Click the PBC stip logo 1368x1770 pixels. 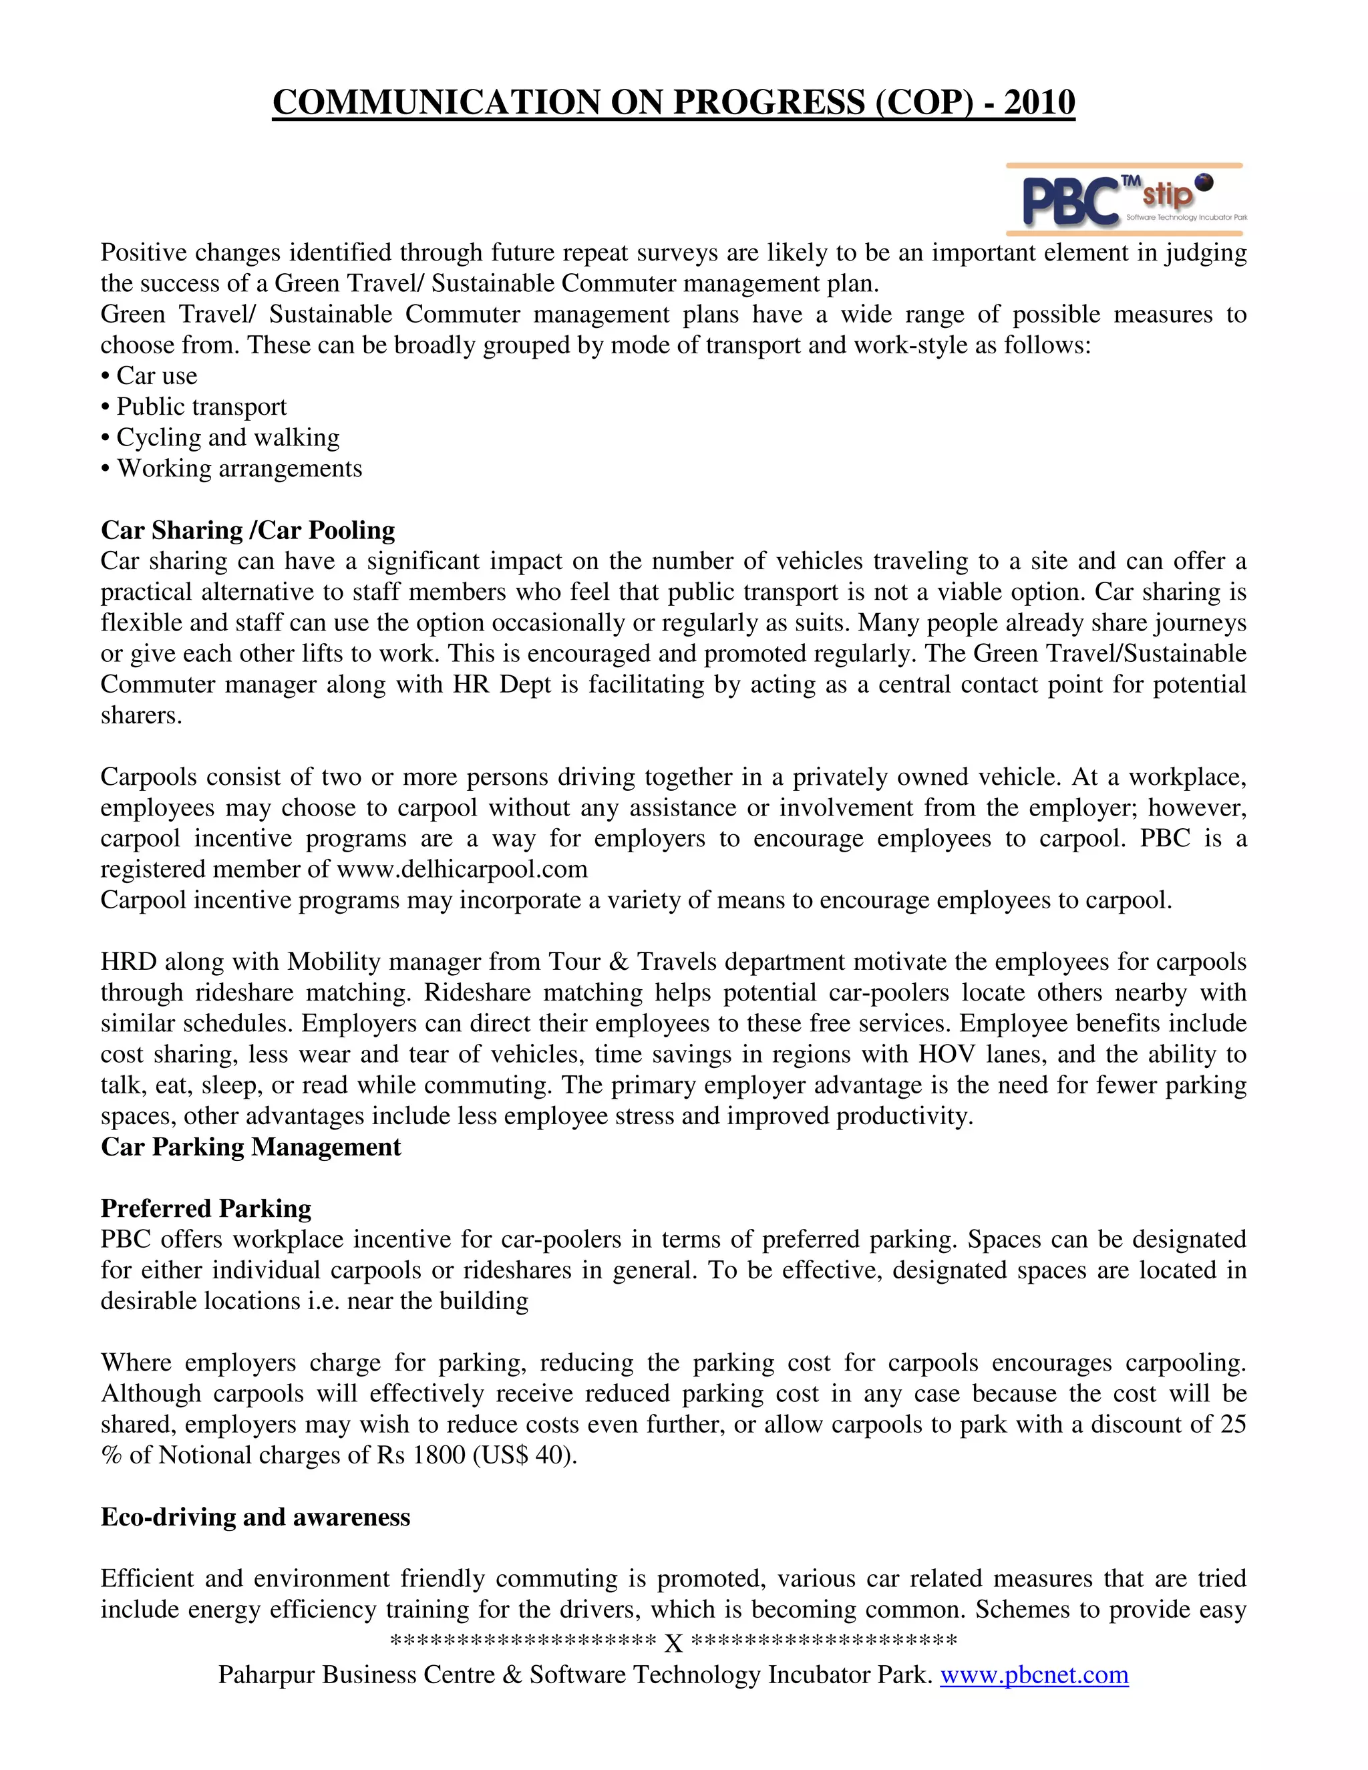[1124, 199]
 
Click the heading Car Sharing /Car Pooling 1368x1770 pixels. [247, 530]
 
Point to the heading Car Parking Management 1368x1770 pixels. [250, 1147]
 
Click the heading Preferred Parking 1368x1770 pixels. [206, 1208]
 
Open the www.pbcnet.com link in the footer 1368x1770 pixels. [1033, 1674]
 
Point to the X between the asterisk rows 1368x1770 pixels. [673, 1645]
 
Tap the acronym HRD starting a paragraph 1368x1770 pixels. [128, 962]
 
